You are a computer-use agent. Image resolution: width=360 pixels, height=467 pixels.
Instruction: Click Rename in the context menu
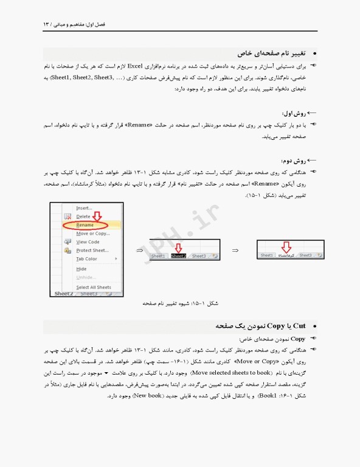point(85,225)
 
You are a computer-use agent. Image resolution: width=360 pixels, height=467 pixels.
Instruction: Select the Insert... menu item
point(84,208)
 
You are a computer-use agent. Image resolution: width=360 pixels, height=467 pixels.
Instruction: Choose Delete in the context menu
point(83,216)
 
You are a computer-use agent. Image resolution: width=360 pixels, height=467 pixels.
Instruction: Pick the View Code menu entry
point(88,242)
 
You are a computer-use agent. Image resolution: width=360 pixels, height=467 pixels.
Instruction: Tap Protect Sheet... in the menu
point(92,251)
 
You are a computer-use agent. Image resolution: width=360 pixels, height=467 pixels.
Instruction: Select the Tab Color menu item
point(86,259)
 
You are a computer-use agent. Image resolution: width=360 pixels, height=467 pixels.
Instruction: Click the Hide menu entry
point(81,269)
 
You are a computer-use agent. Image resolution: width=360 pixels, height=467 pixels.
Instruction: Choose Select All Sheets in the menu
point(94,287)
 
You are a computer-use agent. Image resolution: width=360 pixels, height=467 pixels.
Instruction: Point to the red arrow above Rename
point(97,216)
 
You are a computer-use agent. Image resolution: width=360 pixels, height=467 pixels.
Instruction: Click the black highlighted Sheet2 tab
point(178,256)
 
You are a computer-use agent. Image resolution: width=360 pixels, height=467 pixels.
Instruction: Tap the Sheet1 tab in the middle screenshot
point(158,256)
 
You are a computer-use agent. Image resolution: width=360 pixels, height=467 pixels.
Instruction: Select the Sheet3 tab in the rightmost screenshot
point(305,255)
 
